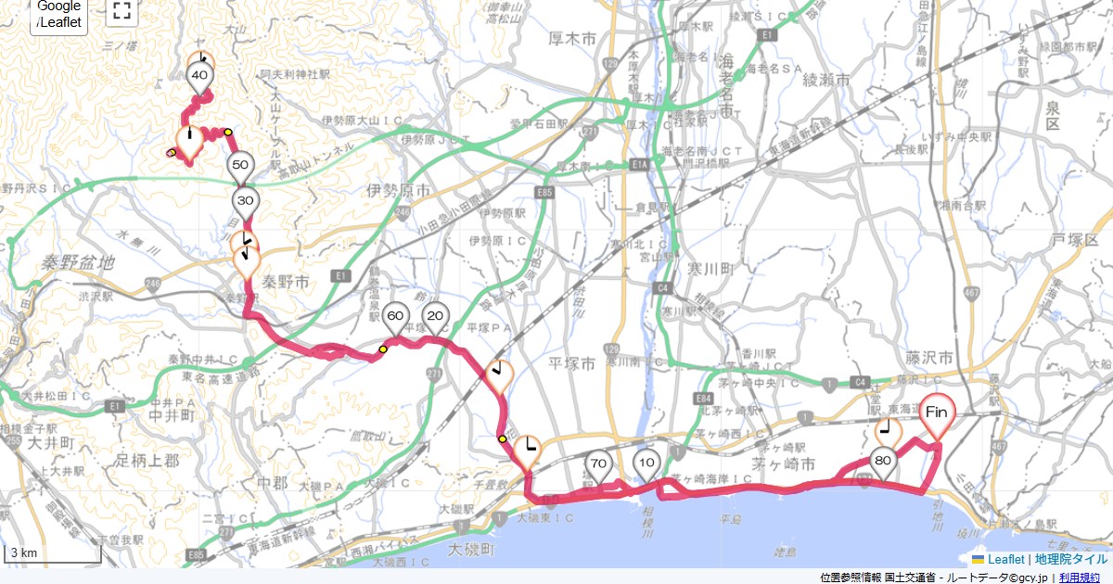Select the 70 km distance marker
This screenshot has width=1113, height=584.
598,464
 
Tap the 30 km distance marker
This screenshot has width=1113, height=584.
246,201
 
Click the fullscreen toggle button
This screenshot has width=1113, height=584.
121,11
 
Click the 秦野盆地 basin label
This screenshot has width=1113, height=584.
78,263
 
